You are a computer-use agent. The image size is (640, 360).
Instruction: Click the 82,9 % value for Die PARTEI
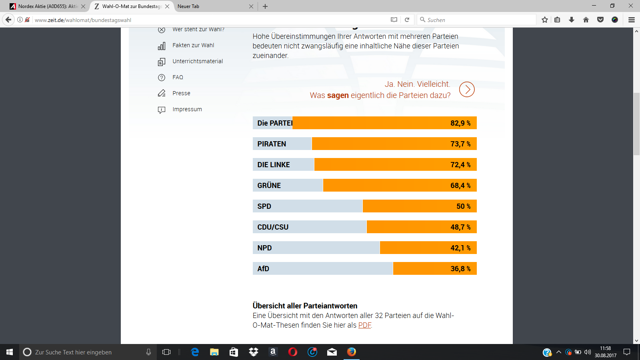(x=460, y=123)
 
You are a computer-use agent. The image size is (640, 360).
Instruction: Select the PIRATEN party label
(x=272, y=144)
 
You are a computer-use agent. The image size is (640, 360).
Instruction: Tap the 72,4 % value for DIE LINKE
(x=460, y=165)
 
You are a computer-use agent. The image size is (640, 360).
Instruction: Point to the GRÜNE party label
(x=269, y=186)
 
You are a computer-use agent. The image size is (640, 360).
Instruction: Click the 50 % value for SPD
(x=463, y=206)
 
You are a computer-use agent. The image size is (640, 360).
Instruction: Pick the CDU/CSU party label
(x=273, y=227)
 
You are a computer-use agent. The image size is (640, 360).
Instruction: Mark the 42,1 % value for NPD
(x=460, y=248)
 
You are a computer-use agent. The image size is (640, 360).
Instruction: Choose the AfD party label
(x=263, y=269)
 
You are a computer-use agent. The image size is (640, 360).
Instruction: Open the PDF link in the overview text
(x=364, y=325)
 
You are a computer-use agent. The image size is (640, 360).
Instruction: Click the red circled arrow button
(x=467, y=90)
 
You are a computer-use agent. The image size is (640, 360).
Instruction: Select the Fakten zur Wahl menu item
(x=193, y=46)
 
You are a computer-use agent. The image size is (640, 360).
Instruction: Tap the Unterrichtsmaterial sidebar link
(x=198, y=62)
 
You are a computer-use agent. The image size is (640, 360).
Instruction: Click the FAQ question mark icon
(x=162, y=78)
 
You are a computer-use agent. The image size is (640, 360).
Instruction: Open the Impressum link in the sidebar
(x=187, y=110)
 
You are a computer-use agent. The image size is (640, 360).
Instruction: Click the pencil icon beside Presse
(x=162, y=93)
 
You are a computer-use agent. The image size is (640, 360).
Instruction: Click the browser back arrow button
(x=8, y=20)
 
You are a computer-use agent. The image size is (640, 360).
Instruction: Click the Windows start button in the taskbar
(x=10, y=352)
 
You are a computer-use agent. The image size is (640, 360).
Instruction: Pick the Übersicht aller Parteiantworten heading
(x=305, y=306)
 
